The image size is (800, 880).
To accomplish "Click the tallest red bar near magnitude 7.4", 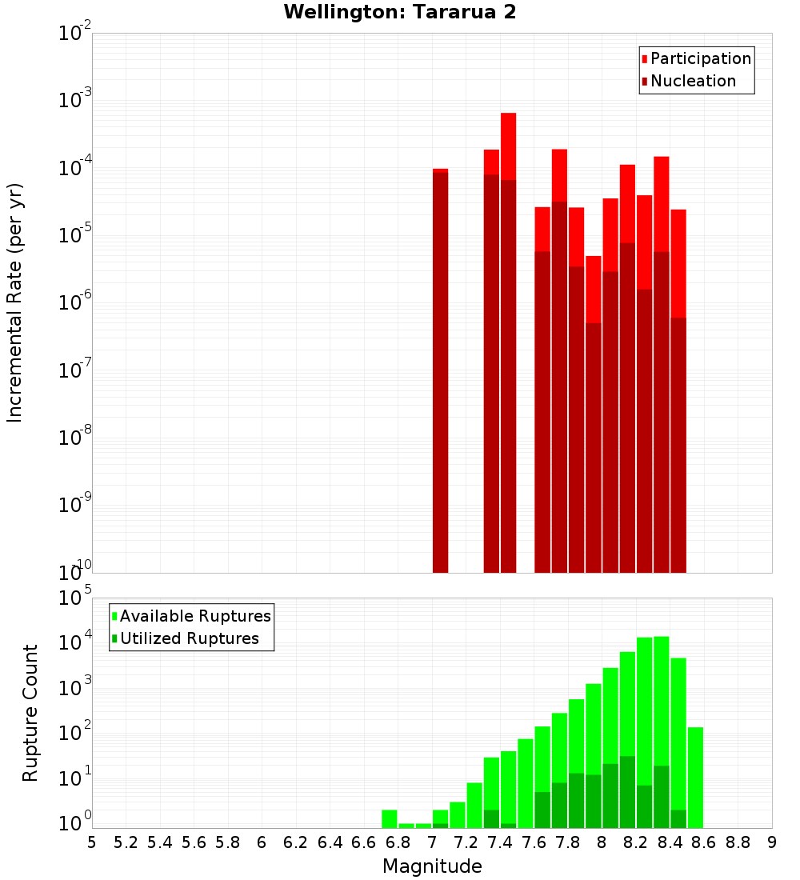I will point(508,144).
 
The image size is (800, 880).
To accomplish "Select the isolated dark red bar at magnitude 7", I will point(440,368).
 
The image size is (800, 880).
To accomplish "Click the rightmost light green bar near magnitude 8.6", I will point(695,776).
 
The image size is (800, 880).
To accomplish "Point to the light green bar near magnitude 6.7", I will point(390,818).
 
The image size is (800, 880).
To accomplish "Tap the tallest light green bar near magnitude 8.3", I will point(661,720).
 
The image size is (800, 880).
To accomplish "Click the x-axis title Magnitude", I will point(432,866).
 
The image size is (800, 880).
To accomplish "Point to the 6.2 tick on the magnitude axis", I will point(296,842).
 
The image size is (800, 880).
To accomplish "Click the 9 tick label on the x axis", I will point(771,842).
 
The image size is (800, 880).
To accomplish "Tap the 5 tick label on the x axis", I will point(92,842).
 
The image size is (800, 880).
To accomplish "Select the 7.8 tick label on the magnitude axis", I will point(567,842).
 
